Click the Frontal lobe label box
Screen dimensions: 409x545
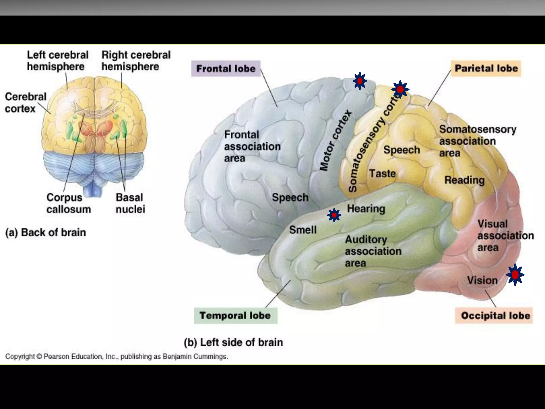226,69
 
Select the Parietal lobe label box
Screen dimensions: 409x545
486,68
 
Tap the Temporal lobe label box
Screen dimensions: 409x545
235,316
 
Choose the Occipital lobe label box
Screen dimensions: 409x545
495,316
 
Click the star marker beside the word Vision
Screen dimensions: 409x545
515,275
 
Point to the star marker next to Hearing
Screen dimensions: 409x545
334,215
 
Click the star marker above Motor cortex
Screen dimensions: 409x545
360,81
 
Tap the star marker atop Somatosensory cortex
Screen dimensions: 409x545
400,89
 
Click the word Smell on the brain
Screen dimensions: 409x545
303,230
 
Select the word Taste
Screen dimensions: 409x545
382,174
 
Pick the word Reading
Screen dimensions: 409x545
465,180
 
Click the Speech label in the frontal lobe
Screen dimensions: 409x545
290,198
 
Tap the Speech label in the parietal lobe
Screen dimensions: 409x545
402,150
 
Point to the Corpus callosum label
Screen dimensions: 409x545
68,203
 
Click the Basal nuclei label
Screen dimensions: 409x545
130,203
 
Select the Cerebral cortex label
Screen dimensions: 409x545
26,103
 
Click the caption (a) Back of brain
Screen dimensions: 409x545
46,232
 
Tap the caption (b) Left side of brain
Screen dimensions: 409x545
233,342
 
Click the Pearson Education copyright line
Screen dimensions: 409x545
117,356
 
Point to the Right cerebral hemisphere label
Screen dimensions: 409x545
136,61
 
